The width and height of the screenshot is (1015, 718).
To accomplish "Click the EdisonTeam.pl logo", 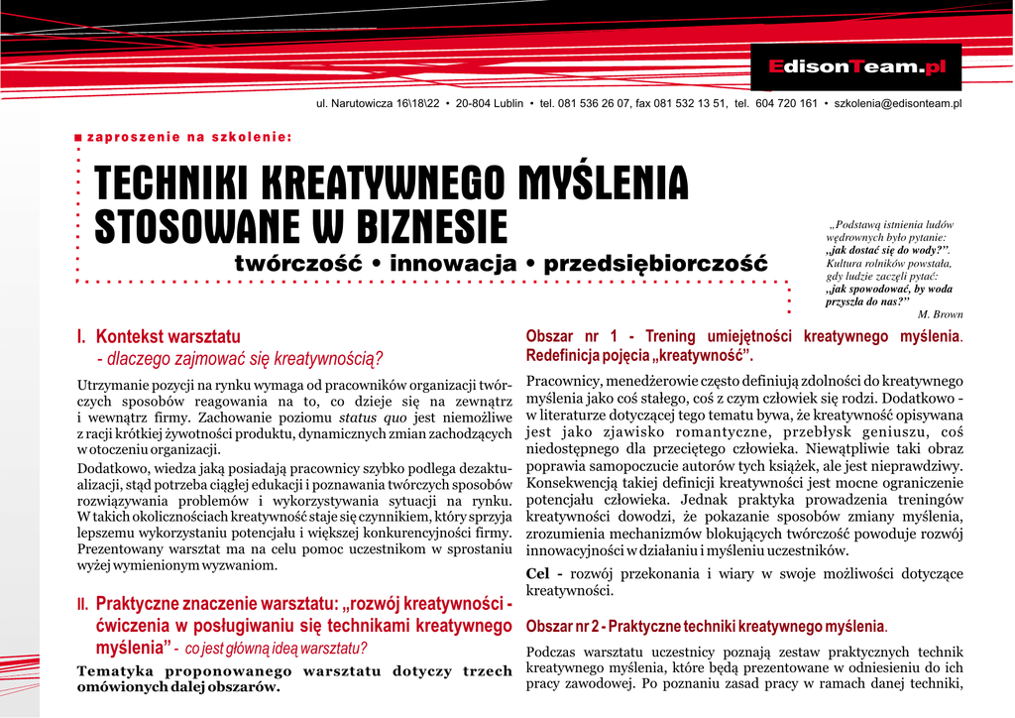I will (857, 67).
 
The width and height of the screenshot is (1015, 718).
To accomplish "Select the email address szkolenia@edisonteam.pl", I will (898, 104).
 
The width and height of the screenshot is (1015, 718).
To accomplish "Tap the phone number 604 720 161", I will (786, 104).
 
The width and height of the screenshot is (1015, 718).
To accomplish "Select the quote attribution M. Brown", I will (941, 314).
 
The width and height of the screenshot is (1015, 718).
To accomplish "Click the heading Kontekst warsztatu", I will (169, 337).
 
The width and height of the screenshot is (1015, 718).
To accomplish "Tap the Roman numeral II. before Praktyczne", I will (83, 604).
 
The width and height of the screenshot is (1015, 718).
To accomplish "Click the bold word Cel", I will (537, 574).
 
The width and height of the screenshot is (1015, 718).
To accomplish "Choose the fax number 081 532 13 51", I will (690, 104).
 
